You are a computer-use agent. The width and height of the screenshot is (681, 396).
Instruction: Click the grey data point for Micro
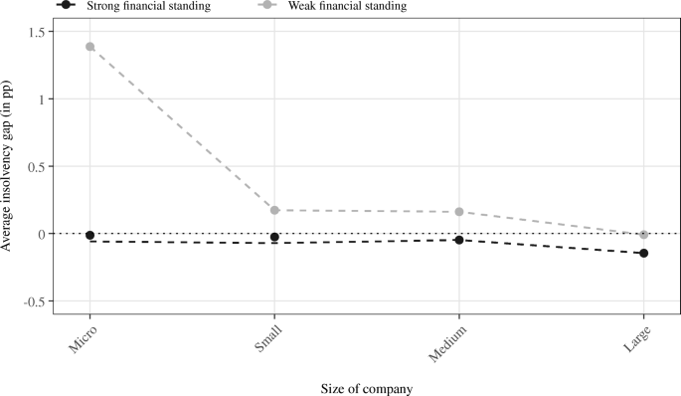tap(90, 47)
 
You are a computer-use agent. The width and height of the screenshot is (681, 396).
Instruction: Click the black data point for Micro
tap(90, 236)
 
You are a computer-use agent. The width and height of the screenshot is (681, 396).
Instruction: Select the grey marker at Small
tap(274, 210)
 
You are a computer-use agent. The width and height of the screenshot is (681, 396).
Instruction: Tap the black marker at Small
tap(274, 237)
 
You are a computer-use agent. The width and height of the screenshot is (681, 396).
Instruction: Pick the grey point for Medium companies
tap(459, 212)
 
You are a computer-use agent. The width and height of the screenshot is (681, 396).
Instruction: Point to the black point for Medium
tap(459, 240)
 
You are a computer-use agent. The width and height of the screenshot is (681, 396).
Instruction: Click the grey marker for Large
tap(644, 235)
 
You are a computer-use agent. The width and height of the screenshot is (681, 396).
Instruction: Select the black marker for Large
tap(644, 254)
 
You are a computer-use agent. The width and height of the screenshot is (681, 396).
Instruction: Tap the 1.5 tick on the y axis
tap(38, 32)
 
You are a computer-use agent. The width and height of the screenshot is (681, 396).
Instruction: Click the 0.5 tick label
tap(38, 167)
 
